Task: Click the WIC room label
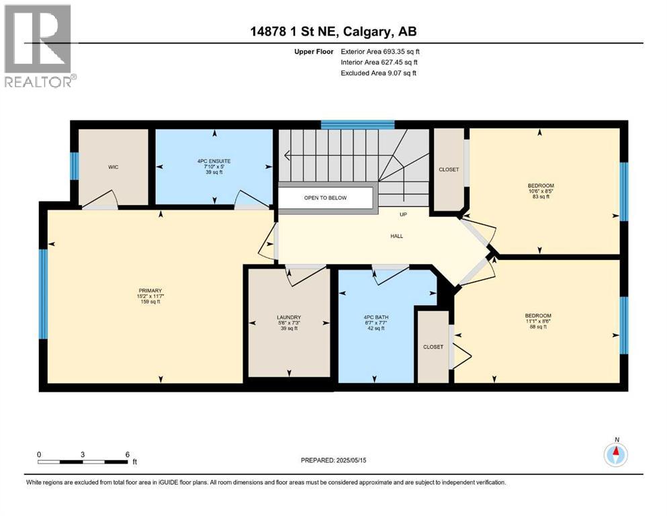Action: (113, 167)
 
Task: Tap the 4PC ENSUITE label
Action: (214, 161)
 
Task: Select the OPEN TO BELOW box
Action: (325, 198)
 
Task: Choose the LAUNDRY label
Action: (289, 317)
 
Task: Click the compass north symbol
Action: (616, 454)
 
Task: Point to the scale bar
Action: (83, 462)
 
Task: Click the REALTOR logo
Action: (38, 45)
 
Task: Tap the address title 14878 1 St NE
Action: (333, 32)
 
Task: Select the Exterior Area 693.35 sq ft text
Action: (382, 51)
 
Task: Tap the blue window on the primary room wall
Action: (44, 294)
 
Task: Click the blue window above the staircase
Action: (357, 124)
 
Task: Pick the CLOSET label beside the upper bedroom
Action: (448, 169)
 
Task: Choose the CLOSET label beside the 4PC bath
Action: (433, 347)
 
